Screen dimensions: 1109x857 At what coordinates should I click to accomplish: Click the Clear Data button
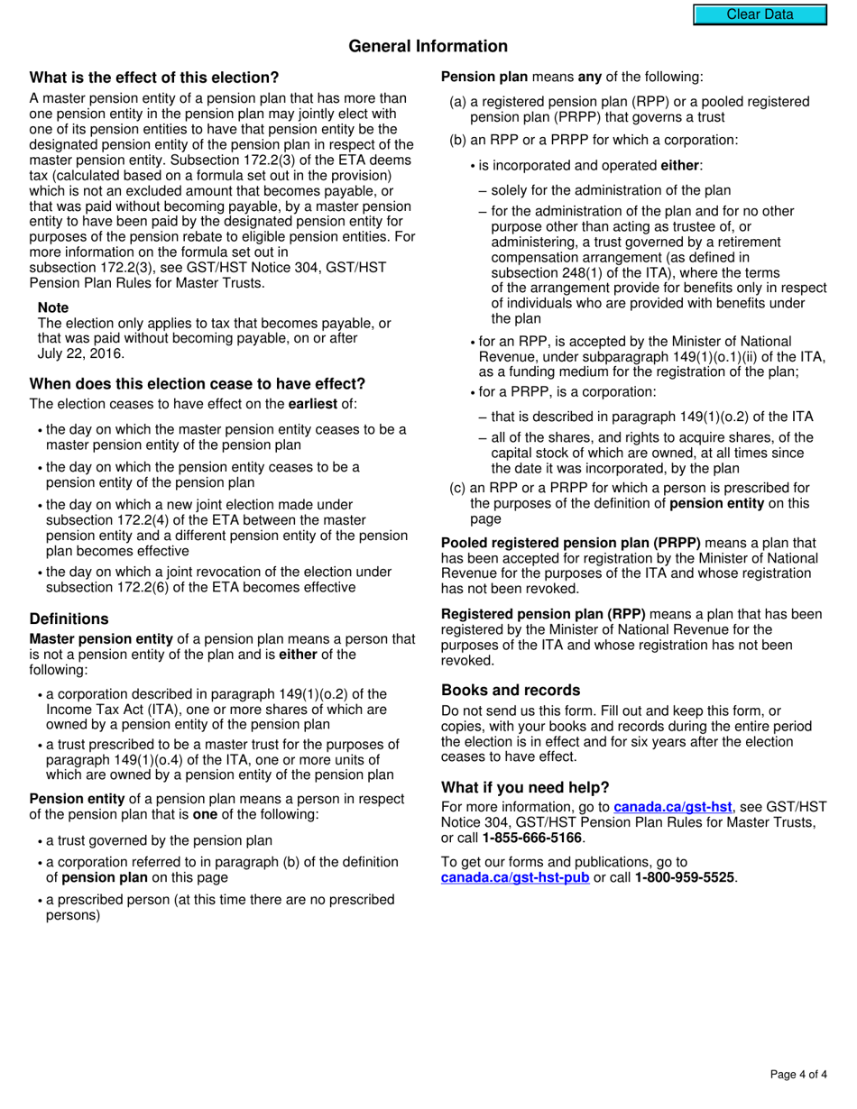tap(760, 14)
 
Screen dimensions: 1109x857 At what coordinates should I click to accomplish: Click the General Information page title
tap(428, 46)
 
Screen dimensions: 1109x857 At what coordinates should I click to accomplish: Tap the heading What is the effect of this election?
tap(154, 78)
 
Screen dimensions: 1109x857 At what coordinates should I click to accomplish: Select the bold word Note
tap(53, 307)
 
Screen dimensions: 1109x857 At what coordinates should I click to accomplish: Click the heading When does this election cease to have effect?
tap(198, 383)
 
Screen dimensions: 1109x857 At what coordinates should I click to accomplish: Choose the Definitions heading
tap(69, 619)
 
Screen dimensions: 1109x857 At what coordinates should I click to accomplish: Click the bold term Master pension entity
tap(101, 639)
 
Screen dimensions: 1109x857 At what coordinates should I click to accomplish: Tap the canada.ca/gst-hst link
tap(672, 807)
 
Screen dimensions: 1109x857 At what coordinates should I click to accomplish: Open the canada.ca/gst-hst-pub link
tap(515, 877)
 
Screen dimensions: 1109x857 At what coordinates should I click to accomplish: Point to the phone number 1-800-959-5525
tap(684, 877)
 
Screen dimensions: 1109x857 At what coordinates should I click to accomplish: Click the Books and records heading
tap(511, 690)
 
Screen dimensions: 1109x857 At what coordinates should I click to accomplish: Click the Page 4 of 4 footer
tap(798, 1074)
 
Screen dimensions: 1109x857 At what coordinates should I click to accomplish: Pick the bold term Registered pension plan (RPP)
tap(543, 614)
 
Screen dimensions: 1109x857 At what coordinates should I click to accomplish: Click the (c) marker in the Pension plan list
tap(457, 488)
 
